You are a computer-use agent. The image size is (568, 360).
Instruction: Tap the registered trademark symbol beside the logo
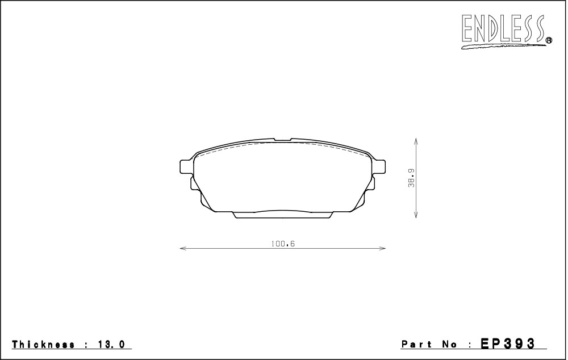[549, 40]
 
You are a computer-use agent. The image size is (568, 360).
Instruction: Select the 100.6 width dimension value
[283, 244]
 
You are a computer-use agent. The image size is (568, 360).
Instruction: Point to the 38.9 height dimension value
[411, 178]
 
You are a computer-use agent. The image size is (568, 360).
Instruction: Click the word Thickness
[44, 344]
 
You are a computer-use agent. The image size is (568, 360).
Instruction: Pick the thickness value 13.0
[111, 344]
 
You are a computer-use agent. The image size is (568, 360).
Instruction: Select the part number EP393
[507, 344]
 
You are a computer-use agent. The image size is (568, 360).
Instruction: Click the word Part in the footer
[416, 344]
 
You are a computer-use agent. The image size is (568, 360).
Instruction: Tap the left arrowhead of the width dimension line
[183, 249]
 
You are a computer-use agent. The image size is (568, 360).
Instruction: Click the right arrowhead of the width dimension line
[382, 249]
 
